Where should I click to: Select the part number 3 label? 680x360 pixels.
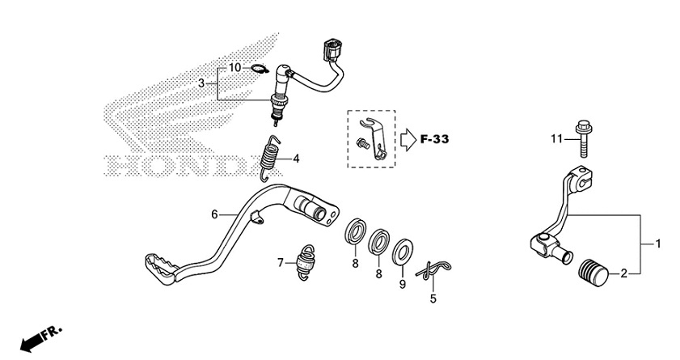pos(202,83)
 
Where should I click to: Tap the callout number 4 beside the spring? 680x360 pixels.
pos(296,159)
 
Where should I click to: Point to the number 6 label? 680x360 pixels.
pos(214,214)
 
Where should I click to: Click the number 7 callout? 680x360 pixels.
pos(281,263)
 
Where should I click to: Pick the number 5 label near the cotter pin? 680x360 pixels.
pos(433,299)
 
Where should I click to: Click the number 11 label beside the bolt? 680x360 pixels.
pos(556,139)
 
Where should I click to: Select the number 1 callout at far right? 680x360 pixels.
pos(657,244)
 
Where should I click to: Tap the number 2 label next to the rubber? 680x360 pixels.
pos(623,273)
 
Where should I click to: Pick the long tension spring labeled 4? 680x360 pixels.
pos(273,158)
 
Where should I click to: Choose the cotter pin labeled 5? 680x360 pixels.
pos(436,273)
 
